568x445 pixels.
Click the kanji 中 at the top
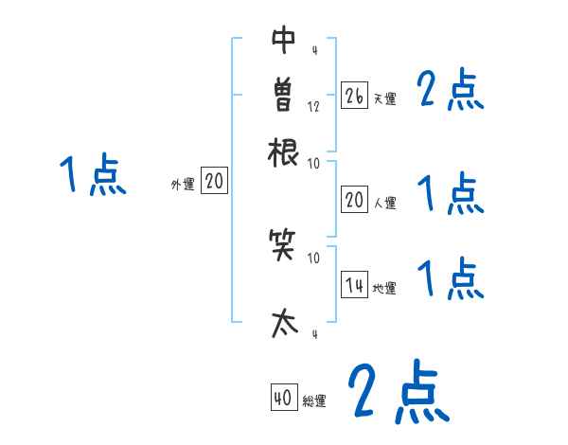[283, 43]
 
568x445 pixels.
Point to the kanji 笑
[283, 249]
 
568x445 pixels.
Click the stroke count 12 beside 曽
[313, 106]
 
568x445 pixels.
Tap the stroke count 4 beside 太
[313, 334]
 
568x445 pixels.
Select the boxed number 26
[354, 96]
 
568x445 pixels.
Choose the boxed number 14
[354, 285]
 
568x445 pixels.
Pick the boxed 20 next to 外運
[214, 182]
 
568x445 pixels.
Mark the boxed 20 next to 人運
[354, 199]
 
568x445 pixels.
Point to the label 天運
[384, 98]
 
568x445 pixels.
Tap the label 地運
[384, 288]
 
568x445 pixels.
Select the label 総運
[314, 401]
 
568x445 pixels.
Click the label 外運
[183, 185]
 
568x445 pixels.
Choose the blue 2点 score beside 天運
[451, 91]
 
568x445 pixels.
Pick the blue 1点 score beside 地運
[451, 280]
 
